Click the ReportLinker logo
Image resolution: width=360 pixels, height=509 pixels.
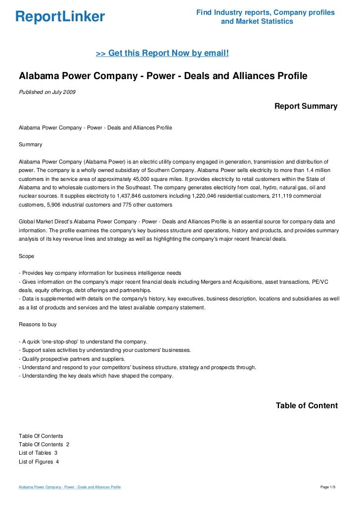[60, 17]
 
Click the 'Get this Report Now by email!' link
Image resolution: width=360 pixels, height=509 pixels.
[162, 53]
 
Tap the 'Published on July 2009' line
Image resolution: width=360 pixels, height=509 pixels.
[47, 92]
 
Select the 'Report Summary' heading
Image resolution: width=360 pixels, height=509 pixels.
[306, 106]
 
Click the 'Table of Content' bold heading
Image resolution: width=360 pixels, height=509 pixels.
[307, 406]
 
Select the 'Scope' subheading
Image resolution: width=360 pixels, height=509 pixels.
[27, 256]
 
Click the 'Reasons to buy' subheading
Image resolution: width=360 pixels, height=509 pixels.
[38, 325]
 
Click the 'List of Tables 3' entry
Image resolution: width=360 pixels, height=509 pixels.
[38, 453]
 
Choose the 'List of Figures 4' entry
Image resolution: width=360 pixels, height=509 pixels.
[39, 462]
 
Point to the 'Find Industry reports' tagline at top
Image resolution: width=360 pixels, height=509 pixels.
[265, 12]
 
